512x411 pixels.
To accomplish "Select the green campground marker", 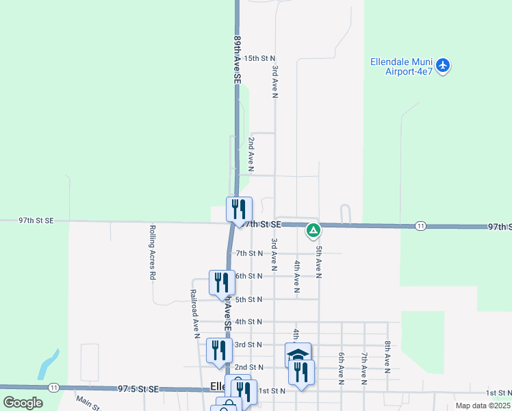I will click(313, 230).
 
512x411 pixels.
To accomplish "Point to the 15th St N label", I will click(259, 59).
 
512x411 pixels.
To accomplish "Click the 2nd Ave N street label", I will click(251, 154).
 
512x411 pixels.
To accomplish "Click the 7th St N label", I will click(249, 253).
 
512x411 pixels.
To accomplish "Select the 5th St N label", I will click(249, 300).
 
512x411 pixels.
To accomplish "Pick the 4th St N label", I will click(248, 322).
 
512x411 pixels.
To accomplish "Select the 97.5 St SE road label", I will click(138, 389).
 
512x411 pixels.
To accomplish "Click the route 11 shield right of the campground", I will click(420, 226).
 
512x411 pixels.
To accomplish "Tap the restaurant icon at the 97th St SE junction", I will click(240, 209).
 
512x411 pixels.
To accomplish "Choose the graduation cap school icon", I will click(298, 354).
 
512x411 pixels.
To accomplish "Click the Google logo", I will click(23, 403).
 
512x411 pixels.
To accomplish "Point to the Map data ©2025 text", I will click(483, 406).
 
